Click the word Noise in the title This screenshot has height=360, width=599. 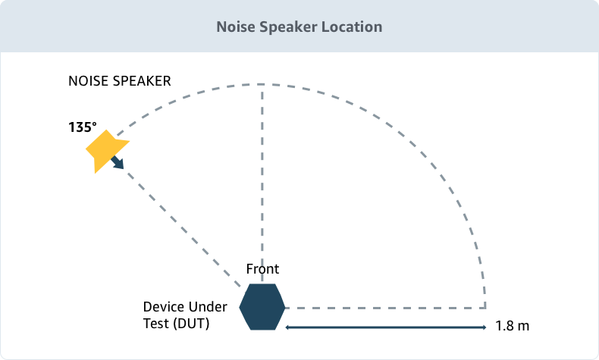tap(235, 27)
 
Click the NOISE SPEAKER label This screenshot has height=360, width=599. tap(119, 80)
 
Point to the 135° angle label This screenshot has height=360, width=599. tap(82, 127)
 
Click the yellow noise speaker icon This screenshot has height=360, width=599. tap(104, 149)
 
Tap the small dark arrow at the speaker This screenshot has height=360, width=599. tap(118, 163)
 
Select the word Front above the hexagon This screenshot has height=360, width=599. tap(262, 269)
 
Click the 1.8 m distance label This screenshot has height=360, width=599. tap(512, 327)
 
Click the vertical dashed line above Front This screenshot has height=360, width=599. tap(262, 174)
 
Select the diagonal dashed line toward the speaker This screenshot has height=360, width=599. tap(182, 227)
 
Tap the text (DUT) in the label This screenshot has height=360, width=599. tap(190, 324)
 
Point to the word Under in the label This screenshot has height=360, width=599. tap(206, 308)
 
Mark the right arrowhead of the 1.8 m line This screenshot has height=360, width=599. tap(483, 327)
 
